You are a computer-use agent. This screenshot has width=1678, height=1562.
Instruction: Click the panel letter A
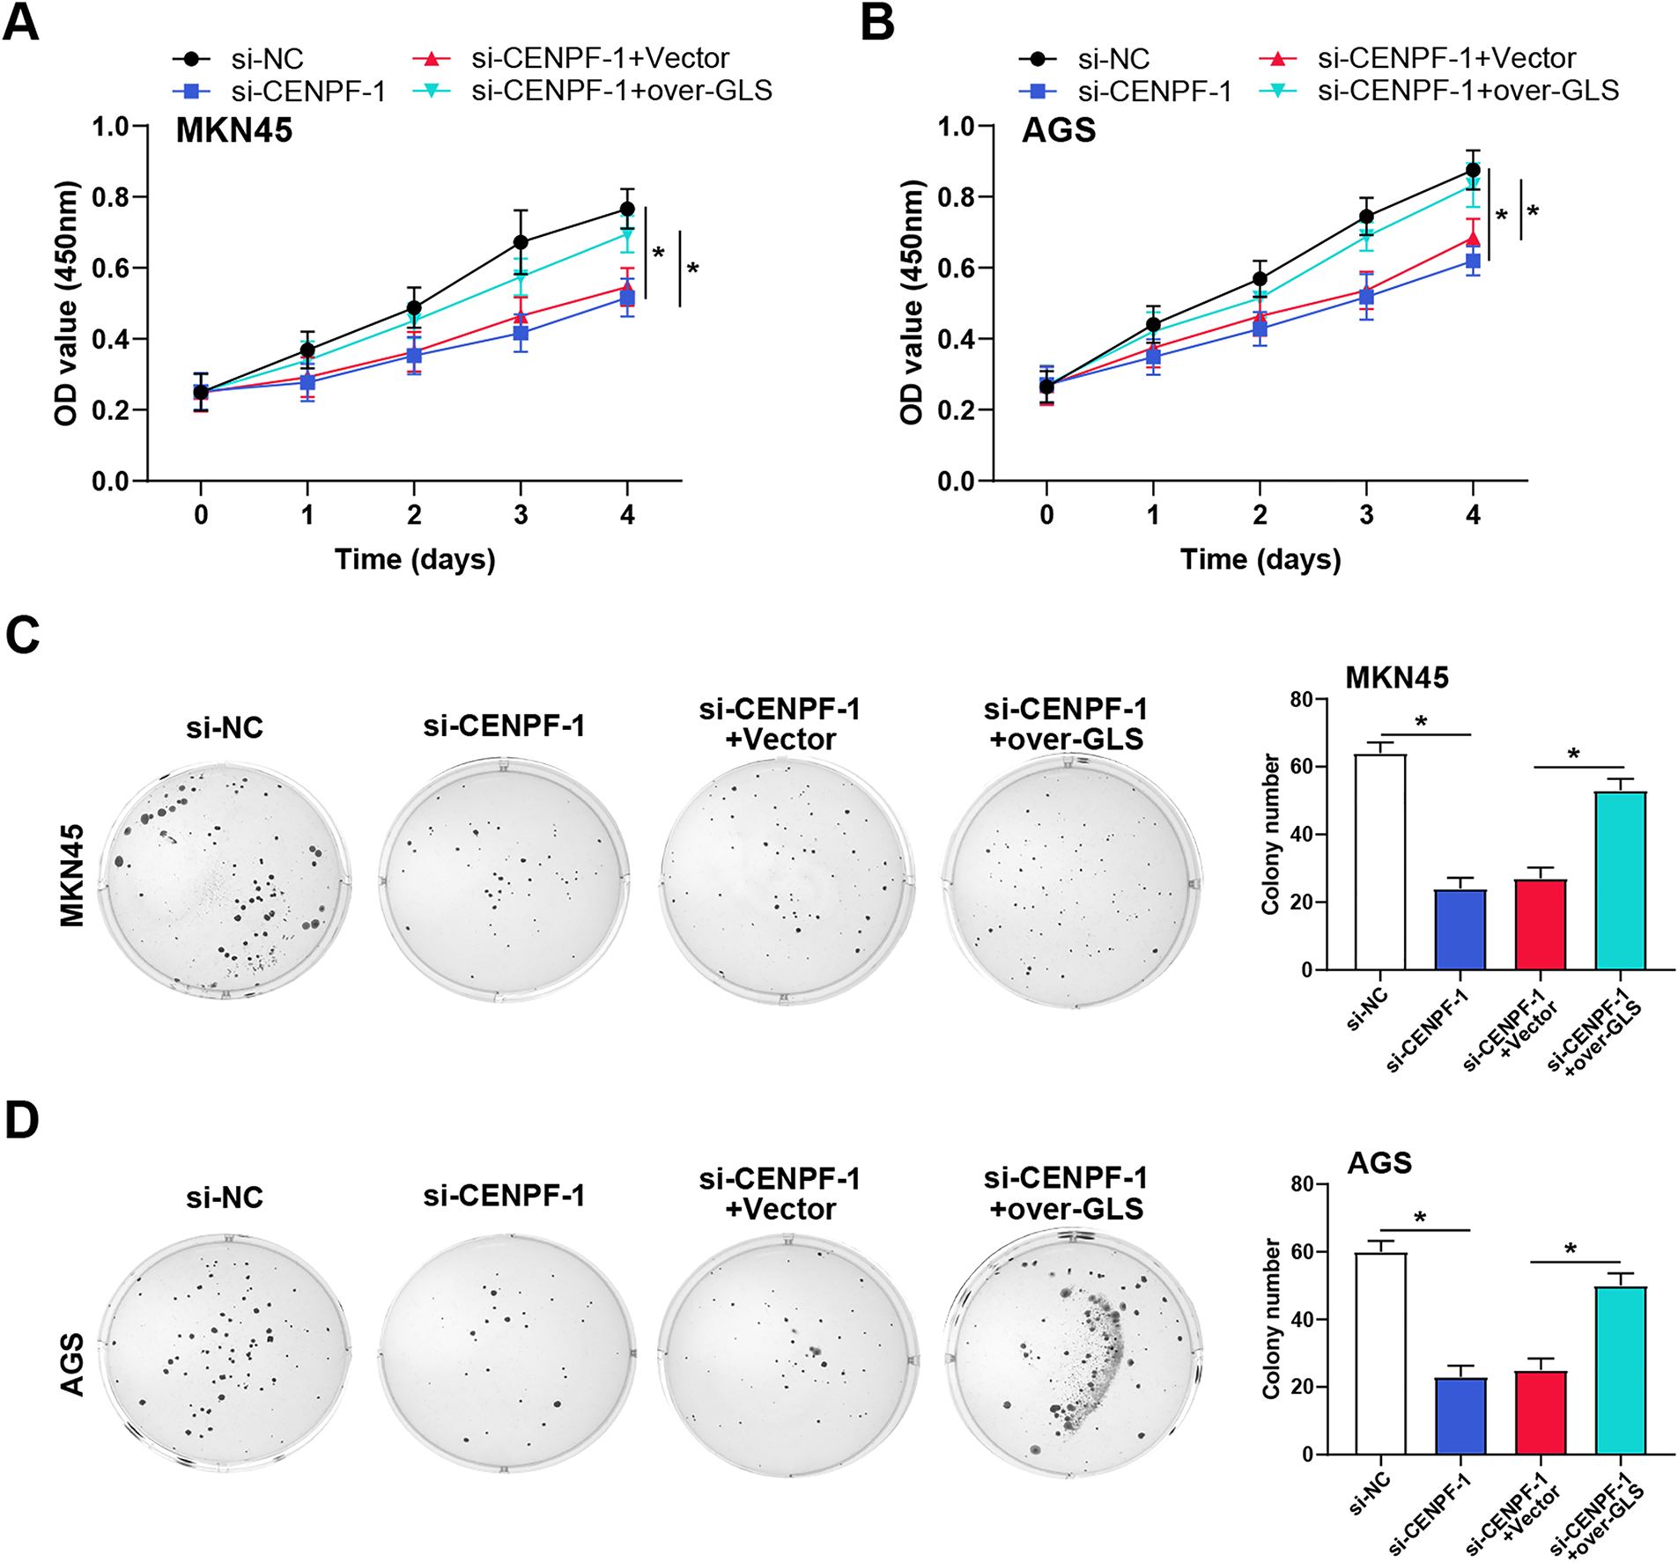tap(21, 23)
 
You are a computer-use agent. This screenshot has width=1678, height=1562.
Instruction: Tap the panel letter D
tap(22, 1120)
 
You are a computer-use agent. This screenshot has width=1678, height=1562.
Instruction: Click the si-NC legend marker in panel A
tap(191, 59)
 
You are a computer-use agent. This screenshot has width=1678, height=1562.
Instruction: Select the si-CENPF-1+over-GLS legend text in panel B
tap(1468, 91)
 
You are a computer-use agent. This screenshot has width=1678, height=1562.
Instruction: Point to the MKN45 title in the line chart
tap(233, 130)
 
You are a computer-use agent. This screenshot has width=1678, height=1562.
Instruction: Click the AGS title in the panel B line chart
tap(1059, 130)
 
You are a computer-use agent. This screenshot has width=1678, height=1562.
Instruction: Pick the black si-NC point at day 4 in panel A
tap(627, 209)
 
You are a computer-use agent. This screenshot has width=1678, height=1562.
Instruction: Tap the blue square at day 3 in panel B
tap(1366, 298)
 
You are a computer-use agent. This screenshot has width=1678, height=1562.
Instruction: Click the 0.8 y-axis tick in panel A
tap(111, 196)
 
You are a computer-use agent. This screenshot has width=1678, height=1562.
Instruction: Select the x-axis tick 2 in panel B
tap(1260, 515)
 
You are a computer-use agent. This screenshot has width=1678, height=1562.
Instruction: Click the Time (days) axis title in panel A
tap(415, 559)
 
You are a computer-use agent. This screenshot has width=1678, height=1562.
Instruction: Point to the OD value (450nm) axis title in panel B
tap(912, 303)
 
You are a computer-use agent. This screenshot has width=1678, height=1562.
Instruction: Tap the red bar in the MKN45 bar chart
tap(1540, 924)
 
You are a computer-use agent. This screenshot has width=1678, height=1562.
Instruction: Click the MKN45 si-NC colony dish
tap(225, 880)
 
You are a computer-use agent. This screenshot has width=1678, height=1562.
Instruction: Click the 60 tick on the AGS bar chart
tap(1302, 1251)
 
